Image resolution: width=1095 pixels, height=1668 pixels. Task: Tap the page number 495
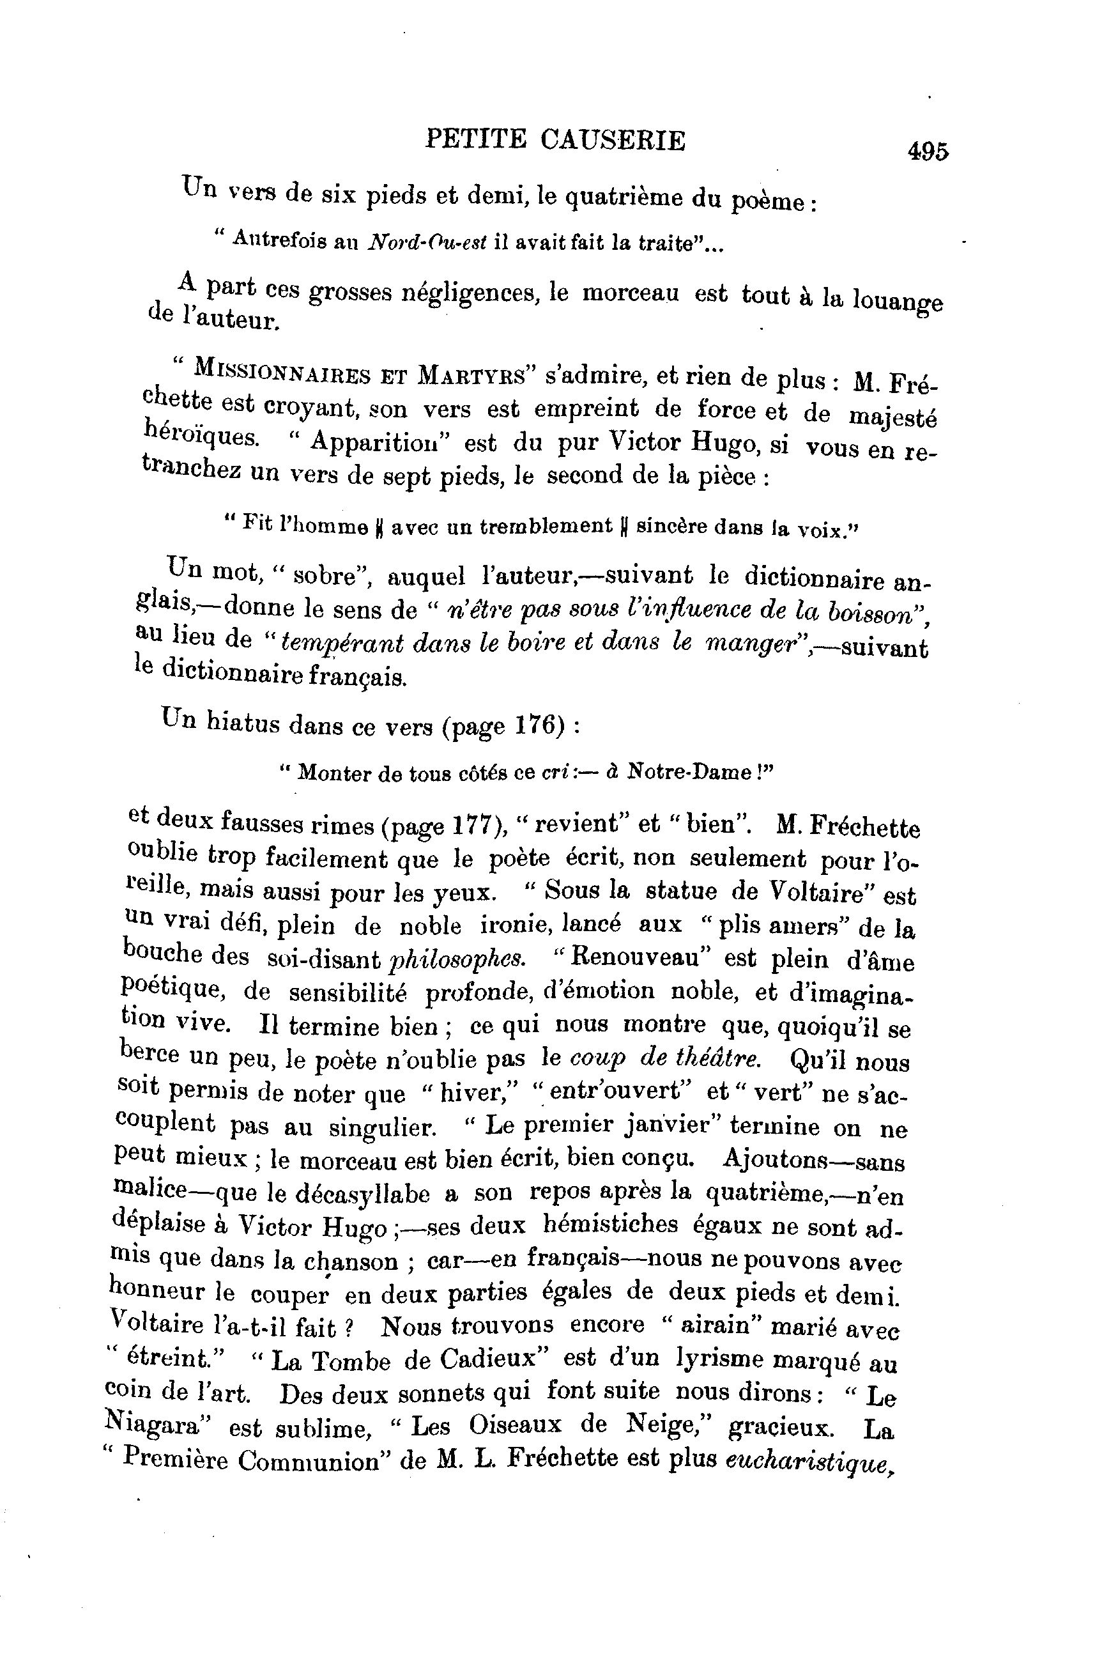pos(927,151)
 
